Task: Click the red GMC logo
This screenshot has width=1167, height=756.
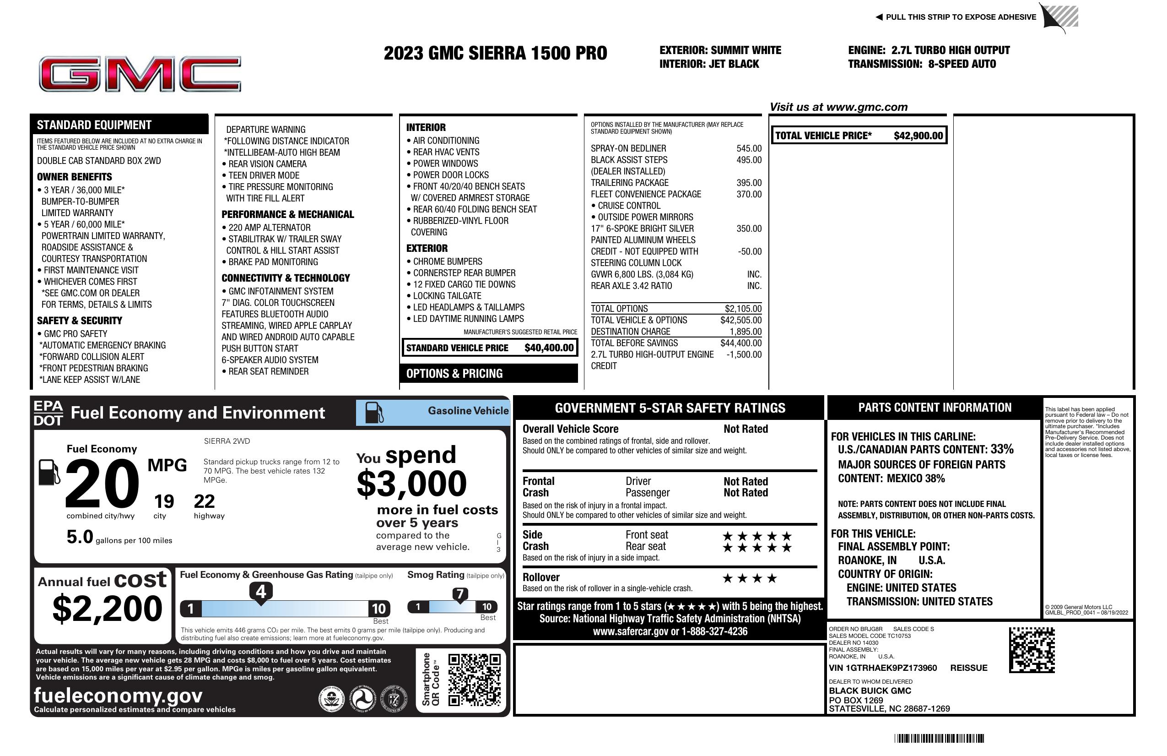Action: [x=140, y=74]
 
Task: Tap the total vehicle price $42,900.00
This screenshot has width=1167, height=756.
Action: [x=918, y=136]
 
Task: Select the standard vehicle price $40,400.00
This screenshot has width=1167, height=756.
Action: [x=548, y=348]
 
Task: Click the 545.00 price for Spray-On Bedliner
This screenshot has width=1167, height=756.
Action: [x=748, y=148]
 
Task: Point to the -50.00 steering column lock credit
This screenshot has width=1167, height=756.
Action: [x=749, y=252]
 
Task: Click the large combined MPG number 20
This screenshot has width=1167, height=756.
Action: [x=102, y=483]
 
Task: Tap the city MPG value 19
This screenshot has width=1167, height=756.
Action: [x=164, y=501]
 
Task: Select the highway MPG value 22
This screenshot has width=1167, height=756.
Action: [x=204, y=501]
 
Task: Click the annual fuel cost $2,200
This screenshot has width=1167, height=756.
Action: [x=107, y=609]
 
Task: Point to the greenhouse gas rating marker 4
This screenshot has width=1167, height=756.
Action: [x=261, y=592]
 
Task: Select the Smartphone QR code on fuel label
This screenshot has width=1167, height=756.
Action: [x=474, y=680]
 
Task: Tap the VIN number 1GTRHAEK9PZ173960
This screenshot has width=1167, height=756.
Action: [x=883, y=668]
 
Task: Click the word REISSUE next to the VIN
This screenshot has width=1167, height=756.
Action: [x=968, y=668]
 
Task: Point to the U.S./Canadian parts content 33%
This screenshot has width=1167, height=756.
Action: [x=1001, y=449]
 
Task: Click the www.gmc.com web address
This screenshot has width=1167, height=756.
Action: [x=866, y=107]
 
